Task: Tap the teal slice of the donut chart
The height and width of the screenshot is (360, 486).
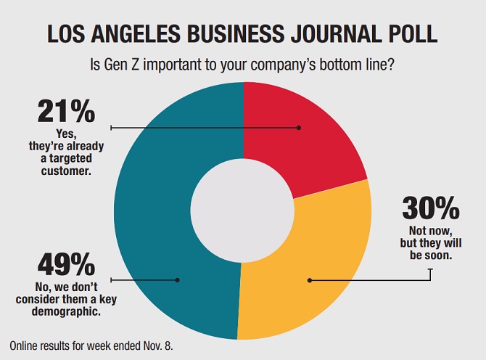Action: click(x=160, y=218)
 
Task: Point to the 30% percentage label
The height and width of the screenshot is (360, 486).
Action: click(x=431, y=208)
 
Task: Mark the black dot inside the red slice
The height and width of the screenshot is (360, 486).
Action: click(x=298, y=128)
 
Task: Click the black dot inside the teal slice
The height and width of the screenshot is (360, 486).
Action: click(x=177, y=279)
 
